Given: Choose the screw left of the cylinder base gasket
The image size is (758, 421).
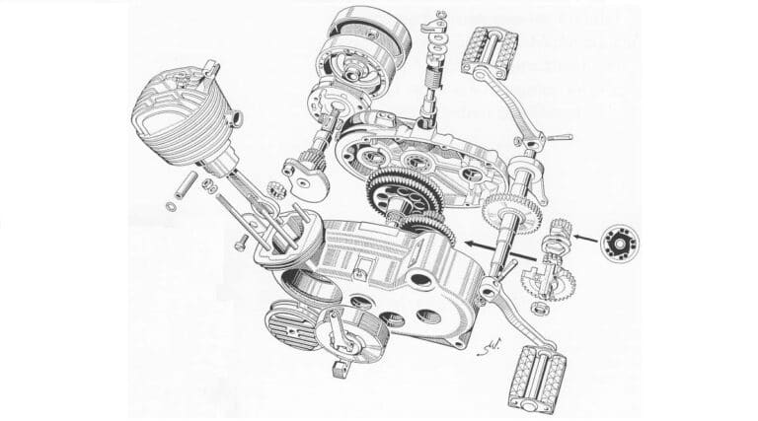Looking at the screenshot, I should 240,239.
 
